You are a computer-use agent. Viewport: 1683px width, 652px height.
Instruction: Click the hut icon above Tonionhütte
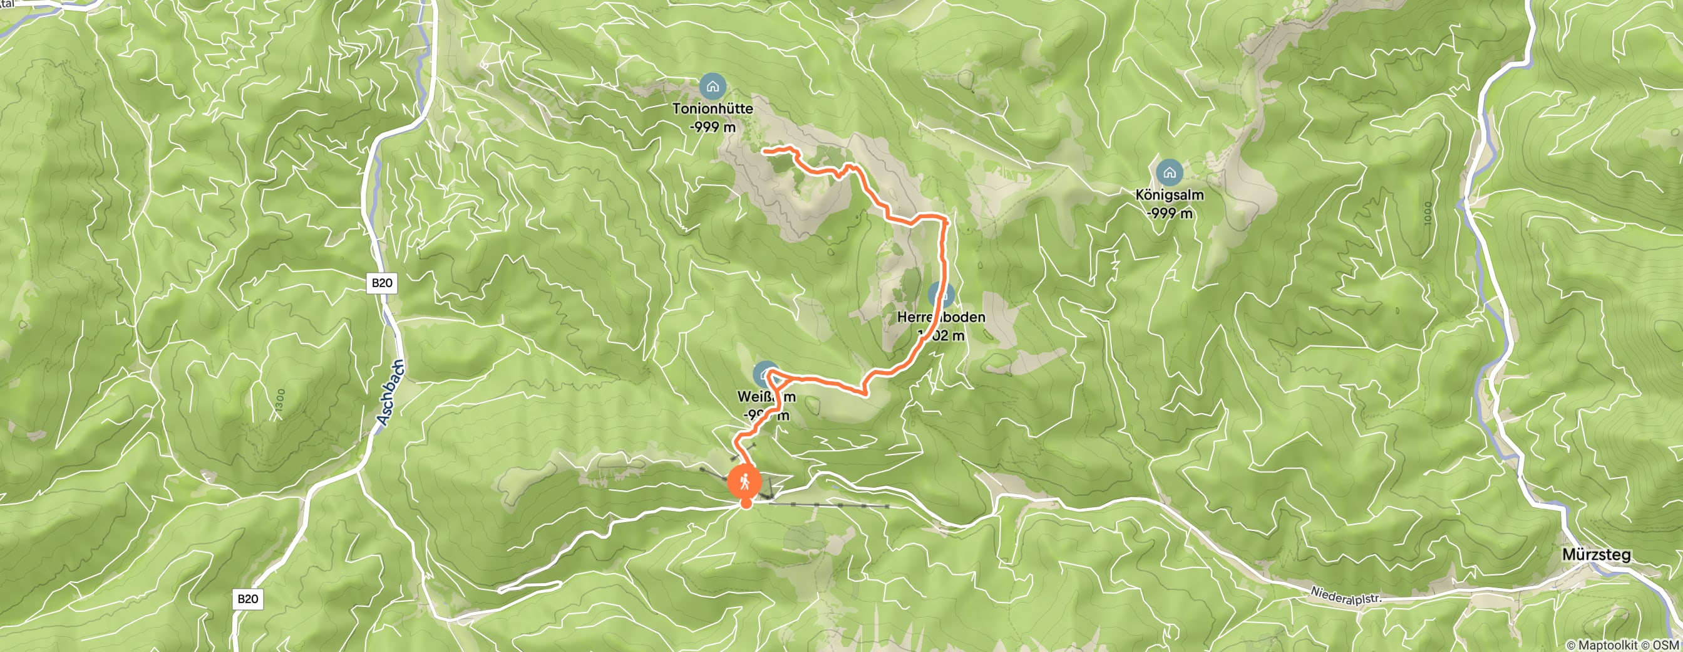pos(712,87)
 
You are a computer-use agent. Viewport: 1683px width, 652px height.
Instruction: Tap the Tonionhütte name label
pos(713,108)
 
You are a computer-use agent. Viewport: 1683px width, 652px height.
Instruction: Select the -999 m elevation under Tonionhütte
pos(712,127)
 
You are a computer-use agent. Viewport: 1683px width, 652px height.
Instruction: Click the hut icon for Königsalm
pos(1169,172)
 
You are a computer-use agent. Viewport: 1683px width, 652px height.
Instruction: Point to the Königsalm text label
pos(1169,195)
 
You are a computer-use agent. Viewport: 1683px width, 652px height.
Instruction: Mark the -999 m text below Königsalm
pos(1169,213)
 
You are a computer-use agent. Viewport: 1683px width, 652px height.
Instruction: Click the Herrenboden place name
pos(941,317)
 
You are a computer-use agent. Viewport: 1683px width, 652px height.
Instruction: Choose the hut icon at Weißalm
pos(765,374)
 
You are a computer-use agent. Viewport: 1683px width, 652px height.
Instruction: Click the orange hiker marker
pos(745,483)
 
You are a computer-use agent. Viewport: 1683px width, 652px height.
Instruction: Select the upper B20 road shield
pos(381,283)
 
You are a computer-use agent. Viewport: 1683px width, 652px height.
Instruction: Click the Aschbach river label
pos(391,392)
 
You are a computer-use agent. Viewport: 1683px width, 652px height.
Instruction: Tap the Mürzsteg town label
pos(1596,555)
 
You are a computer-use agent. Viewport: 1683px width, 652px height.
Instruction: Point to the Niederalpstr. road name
pos(1346,596)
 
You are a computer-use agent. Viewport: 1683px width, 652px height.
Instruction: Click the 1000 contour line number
pos(1428,213)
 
